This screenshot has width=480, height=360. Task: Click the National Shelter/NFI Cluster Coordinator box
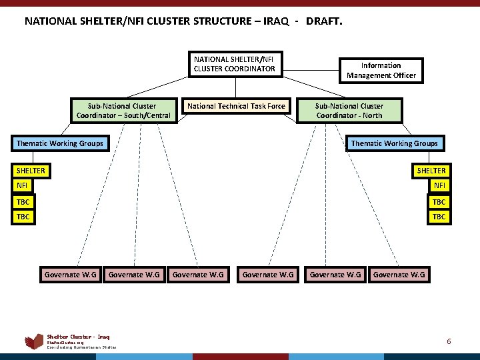(234, 64)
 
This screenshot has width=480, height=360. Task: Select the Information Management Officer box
(381, 71)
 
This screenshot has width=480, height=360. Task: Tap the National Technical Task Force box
(236, 106)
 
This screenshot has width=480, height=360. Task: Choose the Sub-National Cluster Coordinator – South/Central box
(123, 111)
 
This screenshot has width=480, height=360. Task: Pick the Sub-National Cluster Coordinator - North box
(349, 111)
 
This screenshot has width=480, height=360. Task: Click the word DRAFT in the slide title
(324, 21)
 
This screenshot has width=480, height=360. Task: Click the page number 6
(449, 341)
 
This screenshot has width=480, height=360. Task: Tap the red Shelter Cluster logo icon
(34, 342)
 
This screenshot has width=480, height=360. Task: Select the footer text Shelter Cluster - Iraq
(78, 337)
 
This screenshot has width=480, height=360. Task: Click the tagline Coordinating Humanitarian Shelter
(81, 347)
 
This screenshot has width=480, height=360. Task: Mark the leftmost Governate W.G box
(70, 274)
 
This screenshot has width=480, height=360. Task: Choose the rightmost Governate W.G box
(399, 274)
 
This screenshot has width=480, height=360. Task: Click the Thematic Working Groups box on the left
(60, 143)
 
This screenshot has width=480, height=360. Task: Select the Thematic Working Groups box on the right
(395, 143)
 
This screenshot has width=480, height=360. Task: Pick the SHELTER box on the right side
(431, 171)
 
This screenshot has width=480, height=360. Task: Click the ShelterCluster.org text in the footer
(62, 343)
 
